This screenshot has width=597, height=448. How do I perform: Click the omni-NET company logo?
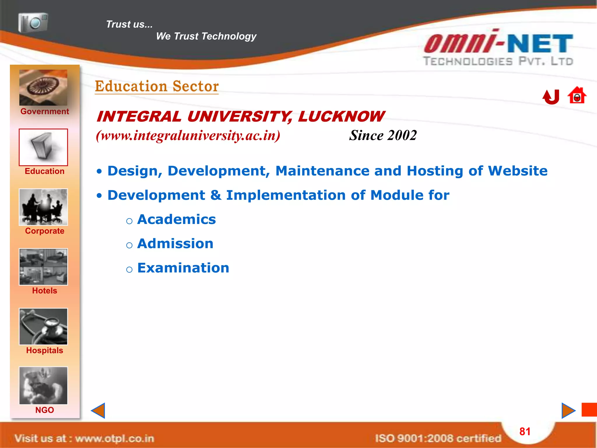click(x=498, y=48)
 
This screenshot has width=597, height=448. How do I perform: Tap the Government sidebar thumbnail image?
click(x=43, y=87)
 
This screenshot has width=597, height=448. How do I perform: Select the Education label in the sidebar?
click(x=45, y=171)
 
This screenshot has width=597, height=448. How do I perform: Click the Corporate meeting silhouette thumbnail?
click(x=43, y=207)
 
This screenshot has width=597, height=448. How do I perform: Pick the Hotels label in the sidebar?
click(x=45, y=290)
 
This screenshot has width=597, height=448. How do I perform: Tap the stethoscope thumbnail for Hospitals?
click(x=43, y=326)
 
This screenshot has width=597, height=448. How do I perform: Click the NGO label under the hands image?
click(x=45, y=410)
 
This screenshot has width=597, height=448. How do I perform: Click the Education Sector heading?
click(x=157, y=86)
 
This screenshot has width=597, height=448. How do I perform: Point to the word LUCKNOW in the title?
click(x=341, y=117)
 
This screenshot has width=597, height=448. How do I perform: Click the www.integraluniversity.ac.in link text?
click(x=188, y=135)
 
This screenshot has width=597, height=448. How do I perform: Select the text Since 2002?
click(x=383, y=135)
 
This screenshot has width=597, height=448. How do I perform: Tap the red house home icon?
click(x=577, y=95)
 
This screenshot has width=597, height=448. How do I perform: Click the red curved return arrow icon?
click(x=551, y=97)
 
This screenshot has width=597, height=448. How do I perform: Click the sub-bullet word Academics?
click(x=176, y=219)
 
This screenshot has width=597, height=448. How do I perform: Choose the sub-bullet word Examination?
click(x=183, y=268)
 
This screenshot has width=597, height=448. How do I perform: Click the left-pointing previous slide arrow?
click(x=98, y=410)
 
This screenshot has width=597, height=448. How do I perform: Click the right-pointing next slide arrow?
click(x=568, y=410)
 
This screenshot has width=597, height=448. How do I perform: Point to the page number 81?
click(x=525, y=431)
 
